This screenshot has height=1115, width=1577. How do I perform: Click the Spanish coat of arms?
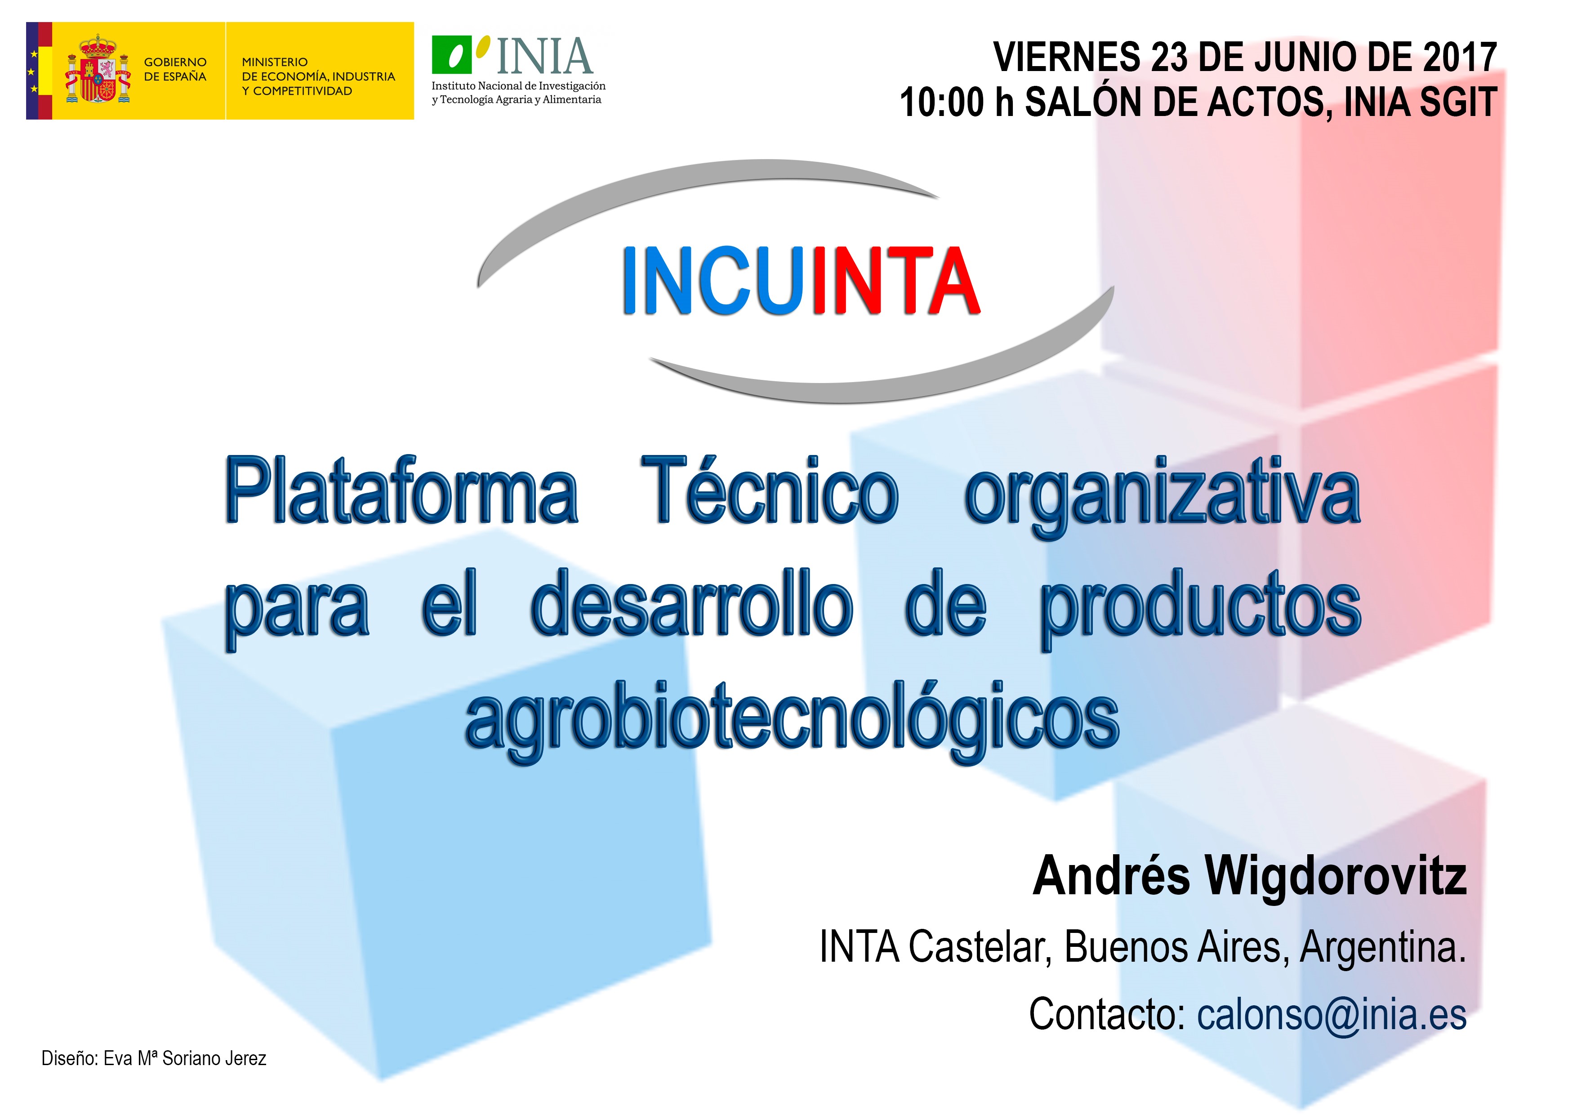coord(98,71)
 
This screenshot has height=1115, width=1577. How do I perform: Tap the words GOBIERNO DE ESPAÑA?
coord(175,69)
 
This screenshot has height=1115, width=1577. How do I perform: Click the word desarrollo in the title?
coord(692,604)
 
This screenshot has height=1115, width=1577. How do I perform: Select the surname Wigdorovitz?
coord(1336,877)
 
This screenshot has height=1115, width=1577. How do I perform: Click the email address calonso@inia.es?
coord(1332,1014)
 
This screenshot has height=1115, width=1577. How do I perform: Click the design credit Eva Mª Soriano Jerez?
coord(185,1059)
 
